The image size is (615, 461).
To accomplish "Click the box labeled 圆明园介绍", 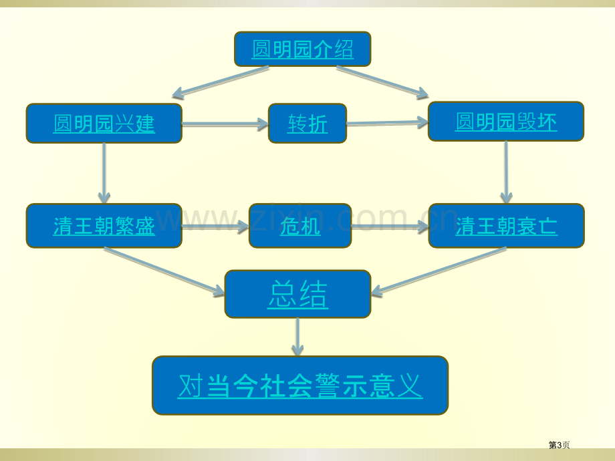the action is click(302, 49).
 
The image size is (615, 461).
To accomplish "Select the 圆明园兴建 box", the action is click(104, 123).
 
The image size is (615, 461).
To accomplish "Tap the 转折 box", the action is click(307, 123).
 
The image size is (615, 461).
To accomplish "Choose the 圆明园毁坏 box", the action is click(506, 122).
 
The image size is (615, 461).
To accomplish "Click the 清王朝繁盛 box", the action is click(104, 226).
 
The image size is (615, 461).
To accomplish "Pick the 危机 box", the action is click(300, 226).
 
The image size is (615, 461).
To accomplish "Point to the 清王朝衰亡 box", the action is click(506, 226).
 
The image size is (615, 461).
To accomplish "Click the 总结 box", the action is click(297, 294).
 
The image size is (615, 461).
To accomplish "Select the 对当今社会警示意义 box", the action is click(300, 386).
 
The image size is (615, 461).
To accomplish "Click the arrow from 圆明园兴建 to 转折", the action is click(225, 124).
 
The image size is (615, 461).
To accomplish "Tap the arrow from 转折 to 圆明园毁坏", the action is click(388, 123).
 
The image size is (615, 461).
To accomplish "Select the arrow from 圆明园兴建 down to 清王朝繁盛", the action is click(104, 173).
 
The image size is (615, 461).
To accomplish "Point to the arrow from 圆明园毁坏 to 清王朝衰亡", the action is click(506, 172).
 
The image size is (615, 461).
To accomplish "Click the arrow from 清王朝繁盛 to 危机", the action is click(215, 226).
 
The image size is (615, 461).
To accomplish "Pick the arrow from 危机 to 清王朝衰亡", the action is click(390, 226).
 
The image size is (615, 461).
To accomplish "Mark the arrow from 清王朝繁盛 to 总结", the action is click(164, 272).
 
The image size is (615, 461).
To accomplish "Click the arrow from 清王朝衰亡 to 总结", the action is click(439, 271).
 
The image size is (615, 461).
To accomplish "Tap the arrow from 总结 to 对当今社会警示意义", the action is click(297, 337).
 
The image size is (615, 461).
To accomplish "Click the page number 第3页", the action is click(559, 445).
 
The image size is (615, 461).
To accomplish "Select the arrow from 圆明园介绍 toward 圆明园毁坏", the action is click(382, 82).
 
